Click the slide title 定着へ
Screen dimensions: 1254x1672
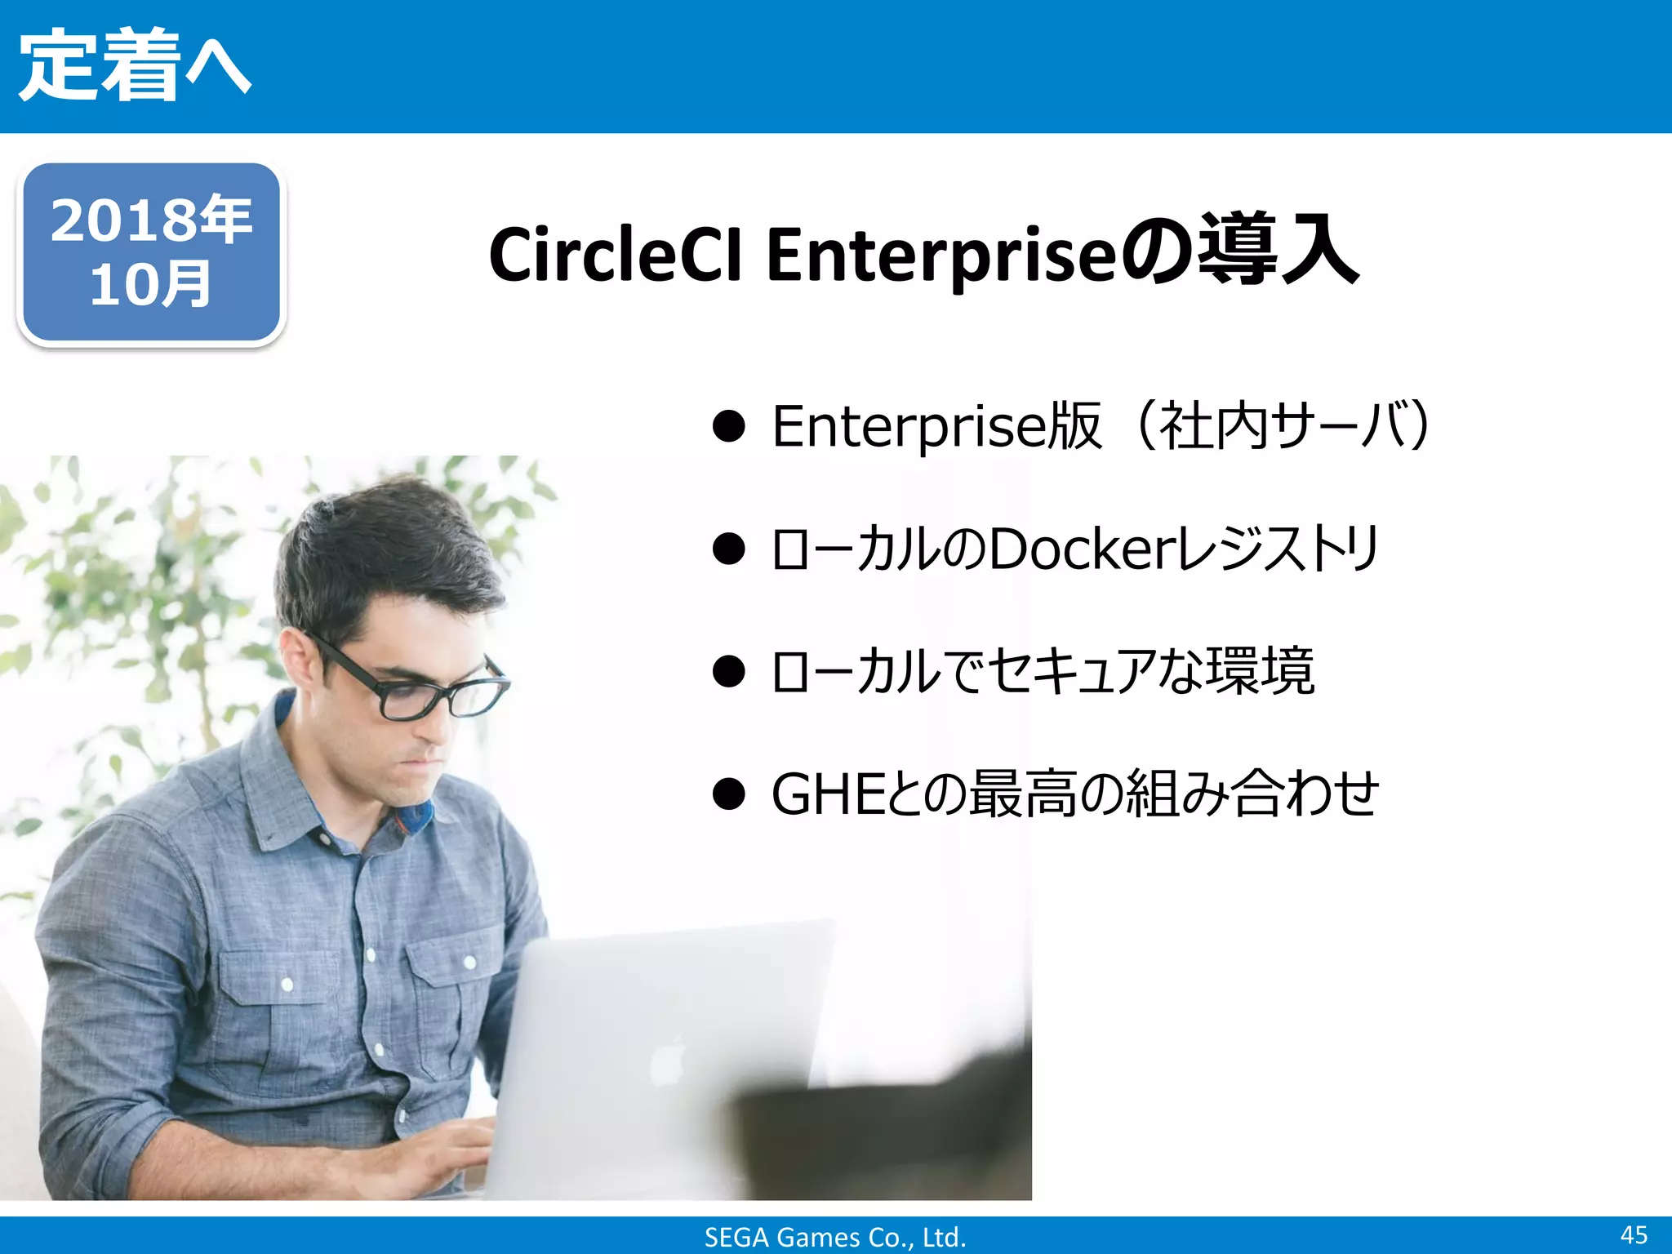click(x=135, y=65)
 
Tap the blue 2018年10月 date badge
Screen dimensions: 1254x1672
click(x=151, y=253)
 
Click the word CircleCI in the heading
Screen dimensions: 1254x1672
click(x=615, y=255)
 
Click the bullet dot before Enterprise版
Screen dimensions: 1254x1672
click(x=728, y=426)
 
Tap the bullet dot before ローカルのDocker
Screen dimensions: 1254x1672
click(x=728, y=549)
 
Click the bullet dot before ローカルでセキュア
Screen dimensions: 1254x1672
click(x=728, y=671)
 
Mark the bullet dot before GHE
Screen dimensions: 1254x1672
click(x=728, y=794)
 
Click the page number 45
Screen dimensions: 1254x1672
click(x=1634, y=1234)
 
